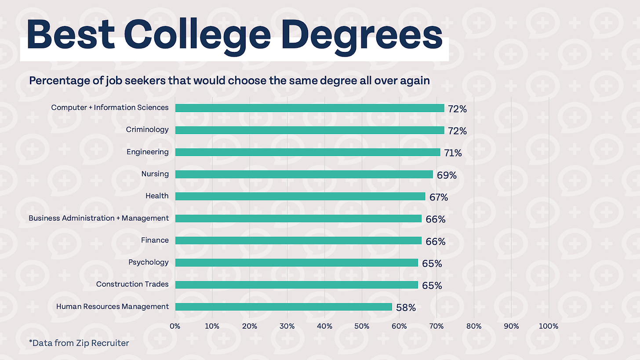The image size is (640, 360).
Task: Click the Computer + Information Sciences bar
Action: point(309,108)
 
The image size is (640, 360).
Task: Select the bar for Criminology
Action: point(309,130)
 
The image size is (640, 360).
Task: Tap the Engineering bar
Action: point(308,152)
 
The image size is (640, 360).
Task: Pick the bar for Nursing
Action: point(304,174)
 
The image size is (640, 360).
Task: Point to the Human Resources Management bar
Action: point(284,307)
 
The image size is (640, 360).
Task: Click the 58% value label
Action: point(406,308)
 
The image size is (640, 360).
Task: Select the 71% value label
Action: point(452,153)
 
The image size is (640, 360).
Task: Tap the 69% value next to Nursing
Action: point(447,175)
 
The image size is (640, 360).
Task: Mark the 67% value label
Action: point(439,197)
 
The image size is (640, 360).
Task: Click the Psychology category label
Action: point(148,262)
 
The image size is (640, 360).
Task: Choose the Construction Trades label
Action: point(132,284)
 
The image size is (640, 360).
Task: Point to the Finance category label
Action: point(155,240)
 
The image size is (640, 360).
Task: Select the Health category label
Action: point(157,196)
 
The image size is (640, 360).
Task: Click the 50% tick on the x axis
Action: point(362,326)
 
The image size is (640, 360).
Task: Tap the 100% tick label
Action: point(548,326)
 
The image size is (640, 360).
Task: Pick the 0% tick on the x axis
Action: point(175,326)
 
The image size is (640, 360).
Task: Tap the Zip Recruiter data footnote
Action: point(79,343)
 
